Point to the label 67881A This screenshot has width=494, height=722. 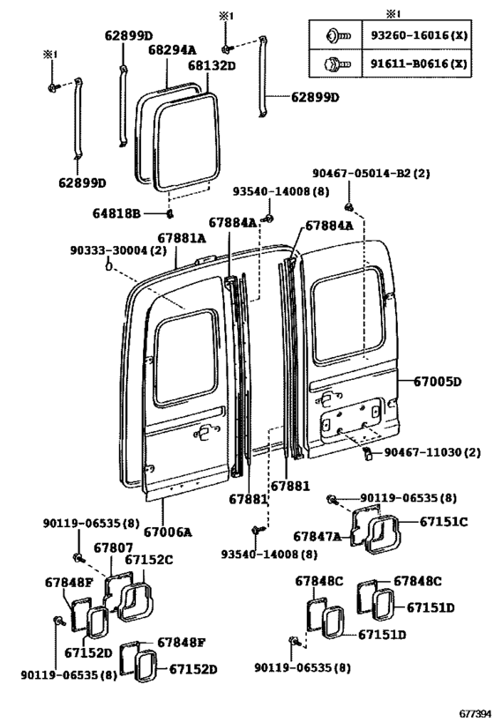tap(182, 237)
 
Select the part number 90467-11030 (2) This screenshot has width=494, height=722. tap(432, 452)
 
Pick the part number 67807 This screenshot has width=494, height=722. tap(114, 547)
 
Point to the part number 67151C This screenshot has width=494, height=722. tap(444, 521)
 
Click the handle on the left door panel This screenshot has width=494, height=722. tap(204, 432)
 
